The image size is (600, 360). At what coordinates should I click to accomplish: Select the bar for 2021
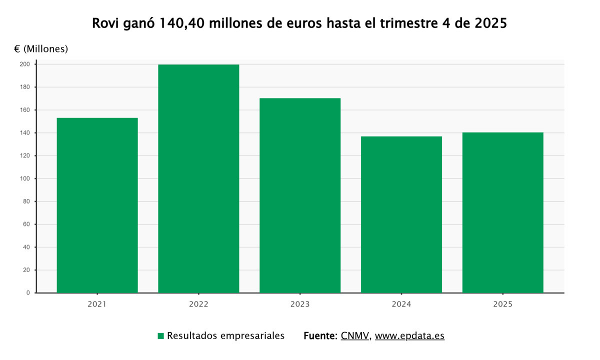tap(97, 205)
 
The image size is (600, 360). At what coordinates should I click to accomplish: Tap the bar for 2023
tap(300, 195)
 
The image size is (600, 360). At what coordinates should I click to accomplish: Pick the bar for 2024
tap(401, 214)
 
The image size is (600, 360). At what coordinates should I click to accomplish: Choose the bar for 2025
tap(502, 212)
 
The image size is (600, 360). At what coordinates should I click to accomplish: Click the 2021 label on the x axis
tap(97, 304)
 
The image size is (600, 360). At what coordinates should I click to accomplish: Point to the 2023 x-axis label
tap(300, 304)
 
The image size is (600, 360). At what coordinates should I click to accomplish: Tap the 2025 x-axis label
tap(502, 304)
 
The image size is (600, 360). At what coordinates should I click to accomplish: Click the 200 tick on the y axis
tap(24, 64)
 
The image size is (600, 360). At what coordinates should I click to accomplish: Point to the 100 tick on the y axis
tap(24, 178)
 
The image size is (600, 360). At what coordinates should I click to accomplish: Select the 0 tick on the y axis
tap(28, 293)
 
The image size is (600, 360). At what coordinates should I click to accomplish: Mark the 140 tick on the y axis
tap(24, 133)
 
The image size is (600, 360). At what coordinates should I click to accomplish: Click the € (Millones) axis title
tap(41, 49)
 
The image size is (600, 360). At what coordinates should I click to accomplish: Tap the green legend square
tap(160, 336)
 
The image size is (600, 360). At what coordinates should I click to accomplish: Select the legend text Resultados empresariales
tap(225, 336)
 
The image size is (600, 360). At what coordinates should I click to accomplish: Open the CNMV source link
tap(355, 336)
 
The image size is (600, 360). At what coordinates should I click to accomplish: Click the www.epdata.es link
tap(409, 336)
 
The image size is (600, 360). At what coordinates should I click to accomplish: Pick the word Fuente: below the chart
tap(320, 336)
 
